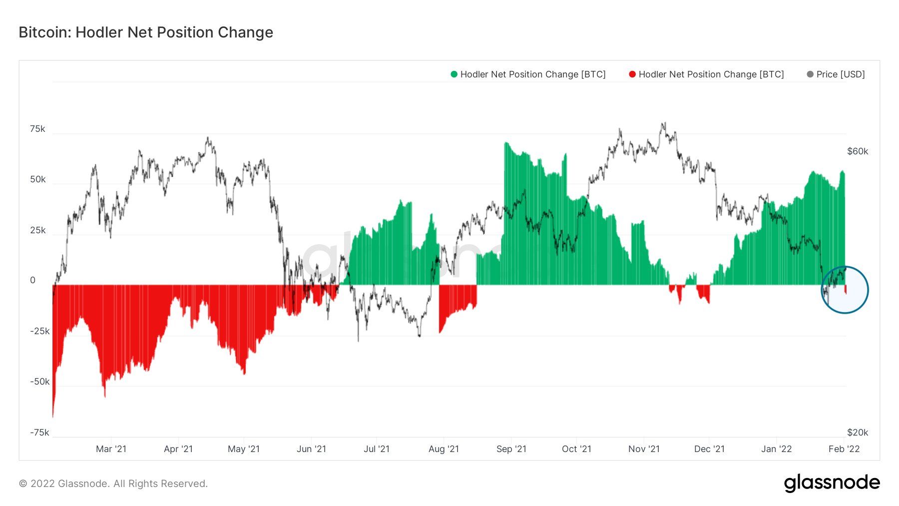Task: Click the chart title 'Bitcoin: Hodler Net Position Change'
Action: coord(146,32)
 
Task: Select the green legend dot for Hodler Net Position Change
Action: coord(454,74)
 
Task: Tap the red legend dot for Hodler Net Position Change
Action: coord(632,74)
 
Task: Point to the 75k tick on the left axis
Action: coord(37,129)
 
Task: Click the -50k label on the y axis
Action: coord(40,382)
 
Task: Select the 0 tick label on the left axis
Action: coord(33,280)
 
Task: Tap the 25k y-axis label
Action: coord(38,230)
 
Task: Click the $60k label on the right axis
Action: coord(858,151)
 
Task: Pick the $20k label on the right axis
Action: coord(858,433)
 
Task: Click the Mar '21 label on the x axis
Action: coord(111,449)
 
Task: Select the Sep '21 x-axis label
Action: coord(511,449)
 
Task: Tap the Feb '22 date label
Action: coord(844,449)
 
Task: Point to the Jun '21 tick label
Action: coord(311,449)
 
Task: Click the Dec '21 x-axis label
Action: coord(709,449)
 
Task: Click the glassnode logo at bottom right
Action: coord(832,483)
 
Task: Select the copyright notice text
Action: coord(113,484)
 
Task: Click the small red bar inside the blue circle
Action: coord(846,290)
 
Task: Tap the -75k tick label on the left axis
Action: coord(40,433)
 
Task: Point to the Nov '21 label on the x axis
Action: coord(644,449)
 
